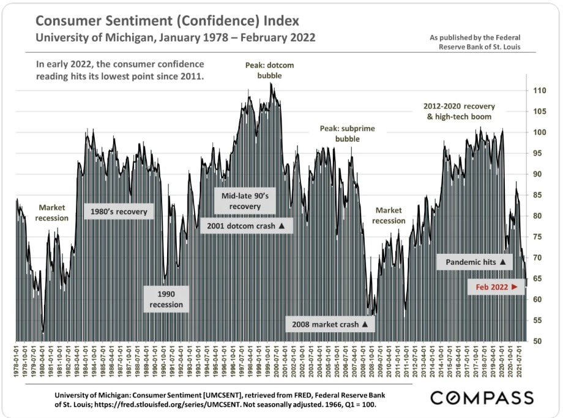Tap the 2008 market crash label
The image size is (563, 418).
point(331,324)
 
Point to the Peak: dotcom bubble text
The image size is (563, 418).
point(261,69)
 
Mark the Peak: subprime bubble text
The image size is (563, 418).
point(347,134)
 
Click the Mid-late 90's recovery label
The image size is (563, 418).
point(245,201)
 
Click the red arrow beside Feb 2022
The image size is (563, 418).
point(515,286)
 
